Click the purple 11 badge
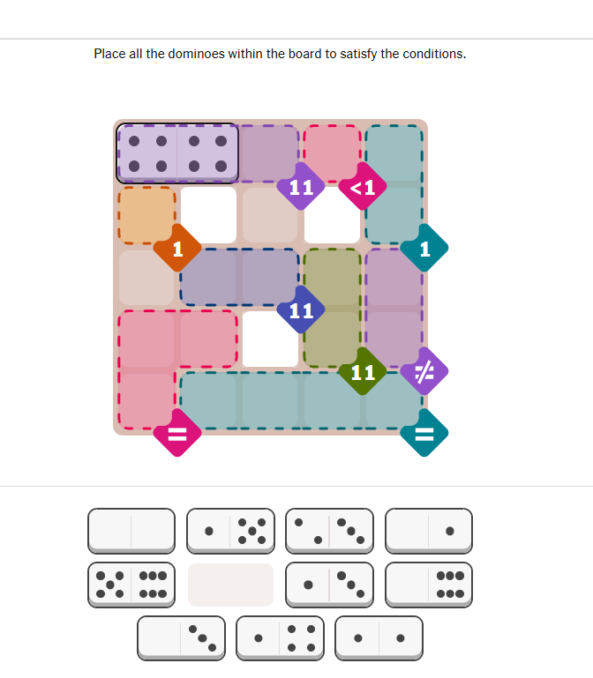tap(301, 187)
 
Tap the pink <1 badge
tap(363, 187)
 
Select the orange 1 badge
tap(177, 249)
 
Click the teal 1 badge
tap(424, 249)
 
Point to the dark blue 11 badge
tap(301, 310)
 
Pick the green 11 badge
tap(363, 371)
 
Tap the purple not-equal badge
tap(424, 371)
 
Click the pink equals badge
tap(177, 433)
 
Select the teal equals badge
tap(424, 433)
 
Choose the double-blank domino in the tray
tap(131, 531)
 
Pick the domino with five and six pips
tap(131, 585)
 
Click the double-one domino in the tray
tap(379, 638)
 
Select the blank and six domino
tap(429, 585)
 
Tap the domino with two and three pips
tap(329, 531)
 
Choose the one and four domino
tap(280, 638)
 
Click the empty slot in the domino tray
tap(230, 585)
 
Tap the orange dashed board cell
tap(146, 215)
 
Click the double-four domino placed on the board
tap(177, 153)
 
